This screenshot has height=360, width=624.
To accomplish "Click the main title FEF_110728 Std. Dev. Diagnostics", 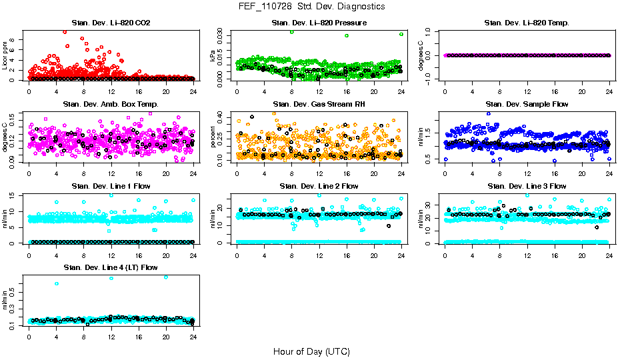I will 311,7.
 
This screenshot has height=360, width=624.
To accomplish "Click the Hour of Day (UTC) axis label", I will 311,351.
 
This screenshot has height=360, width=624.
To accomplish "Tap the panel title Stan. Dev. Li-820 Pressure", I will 319,23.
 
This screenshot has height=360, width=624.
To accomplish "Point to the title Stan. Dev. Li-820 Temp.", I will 527,23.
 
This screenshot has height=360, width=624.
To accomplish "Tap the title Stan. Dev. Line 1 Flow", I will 111,186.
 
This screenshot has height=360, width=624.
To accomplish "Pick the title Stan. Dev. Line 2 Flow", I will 319,186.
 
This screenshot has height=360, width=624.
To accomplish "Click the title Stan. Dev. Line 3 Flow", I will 527,186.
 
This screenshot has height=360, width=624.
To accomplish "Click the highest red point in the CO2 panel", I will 65,31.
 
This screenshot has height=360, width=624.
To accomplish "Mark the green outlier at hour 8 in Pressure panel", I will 292,32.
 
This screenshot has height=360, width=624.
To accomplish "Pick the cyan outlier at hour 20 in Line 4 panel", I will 166,277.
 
